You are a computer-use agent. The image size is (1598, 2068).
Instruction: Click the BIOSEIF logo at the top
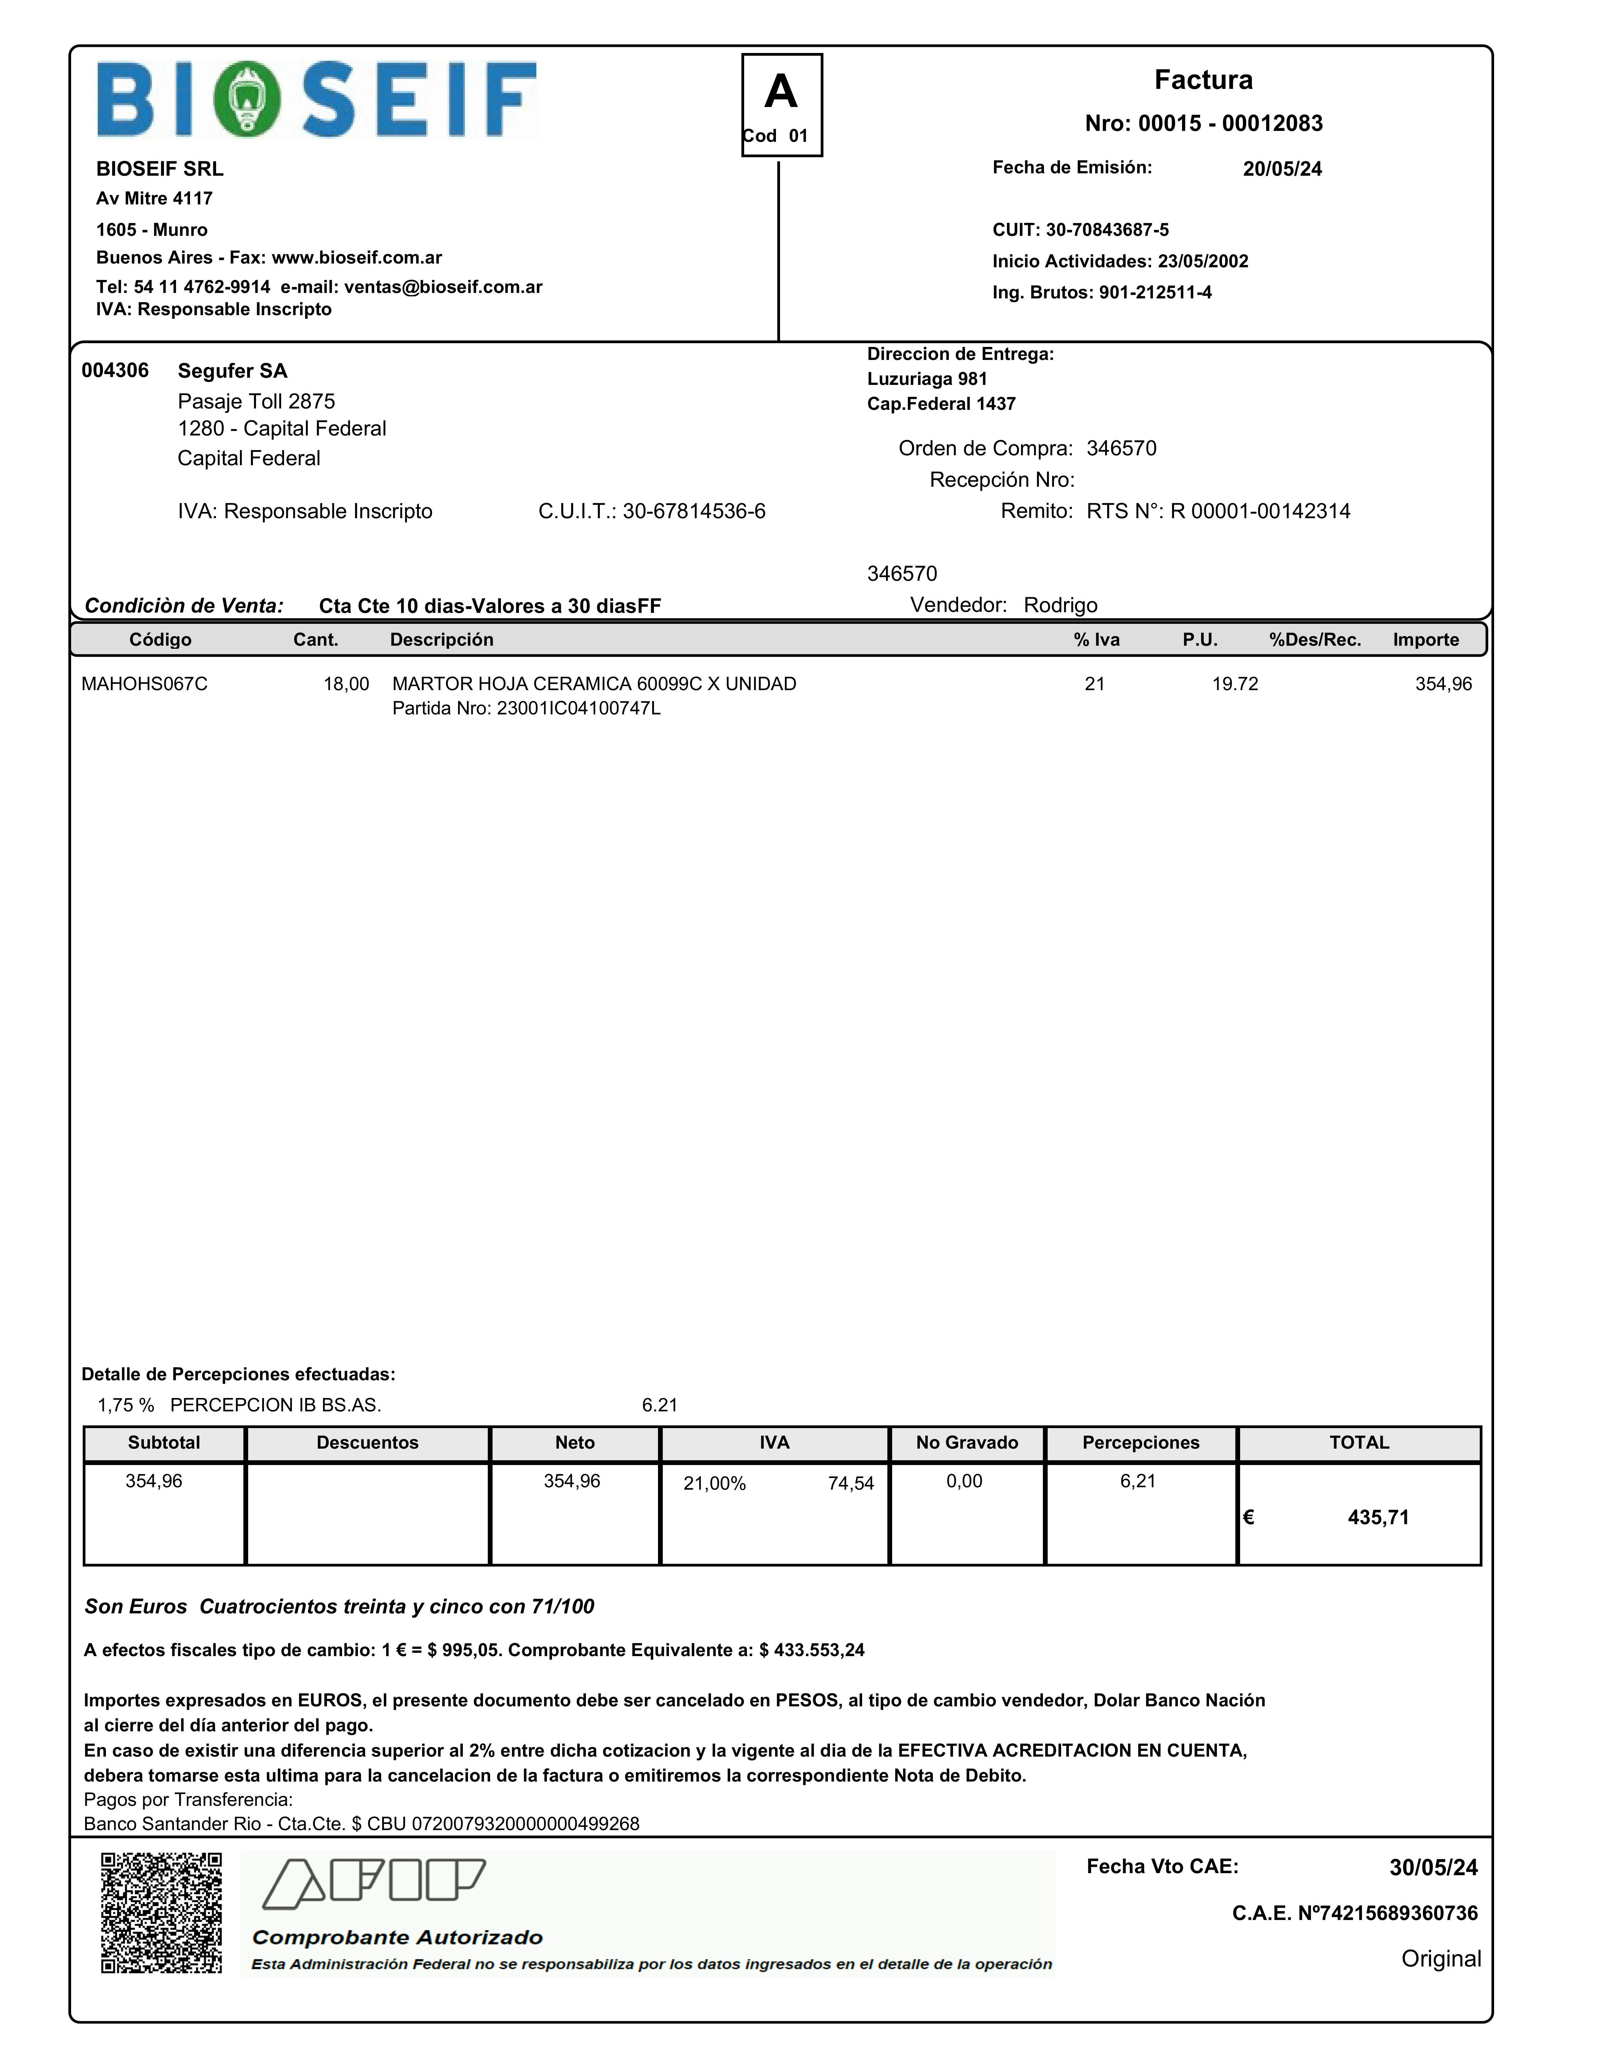click(x=316, y=99)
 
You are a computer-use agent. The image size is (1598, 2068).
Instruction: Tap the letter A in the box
click(x=781, y=92)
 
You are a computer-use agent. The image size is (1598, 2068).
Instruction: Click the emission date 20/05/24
click(x=1282, y=169)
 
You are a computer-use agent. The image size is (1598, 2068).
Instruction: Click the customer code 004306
click(x=115, y=370)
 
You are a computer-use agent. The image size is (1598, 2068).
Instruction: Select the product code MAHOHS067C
click(x=144, y=684)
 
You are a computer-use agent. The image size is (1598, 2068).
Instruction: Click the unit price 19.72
click(x=1234, y=684)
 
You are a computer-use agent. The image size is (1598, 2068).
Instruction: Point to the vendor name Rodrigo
click(x=1060, y=605)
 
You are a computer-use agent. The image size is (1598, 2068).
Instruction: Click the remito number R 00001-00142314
click(x=1260, y=511)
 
